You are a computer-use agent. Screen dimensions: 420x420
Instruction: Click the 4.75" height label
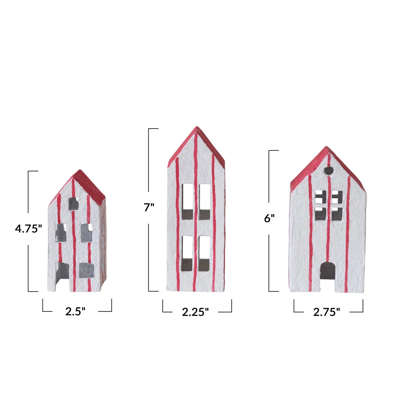(x=28, y=229)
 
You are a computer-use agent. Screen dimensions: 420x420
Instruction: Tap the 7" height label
(x=149, y=208)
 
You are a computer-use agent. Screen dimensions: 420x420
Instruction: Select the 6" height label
(x=269, y=218)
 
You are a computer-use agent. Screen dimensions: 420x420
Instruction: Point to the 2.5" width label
(x=75, y=312)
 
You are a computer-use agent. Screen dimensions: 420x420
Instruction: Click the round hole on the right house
(x=329, y=170)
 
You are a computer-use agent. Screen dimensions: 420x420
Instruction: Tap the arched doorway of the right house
(x=328, y=271)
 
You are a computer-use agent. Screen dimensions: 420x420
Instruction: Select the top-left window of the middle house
(x=187, y=201)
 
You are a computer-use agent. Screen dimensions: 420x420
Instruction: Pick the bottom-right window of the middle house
(x=204, y=254)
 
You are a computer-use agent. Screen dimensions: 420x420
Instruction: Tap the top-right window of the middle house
(x=205, y=201)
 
